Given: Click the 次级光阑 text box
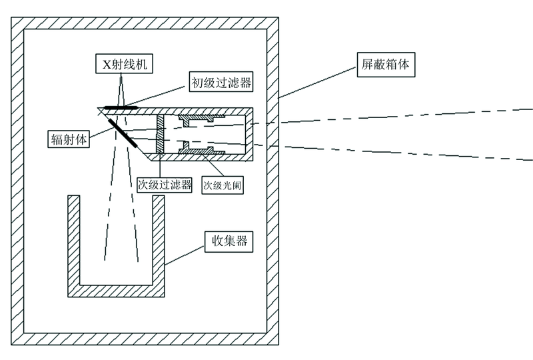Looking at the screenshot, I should tap(222, 184).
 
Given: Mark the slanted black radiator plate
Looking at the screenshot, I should tap(123, 131).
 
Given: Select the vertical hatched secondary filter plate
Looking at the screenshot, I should tap(160, 133).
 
